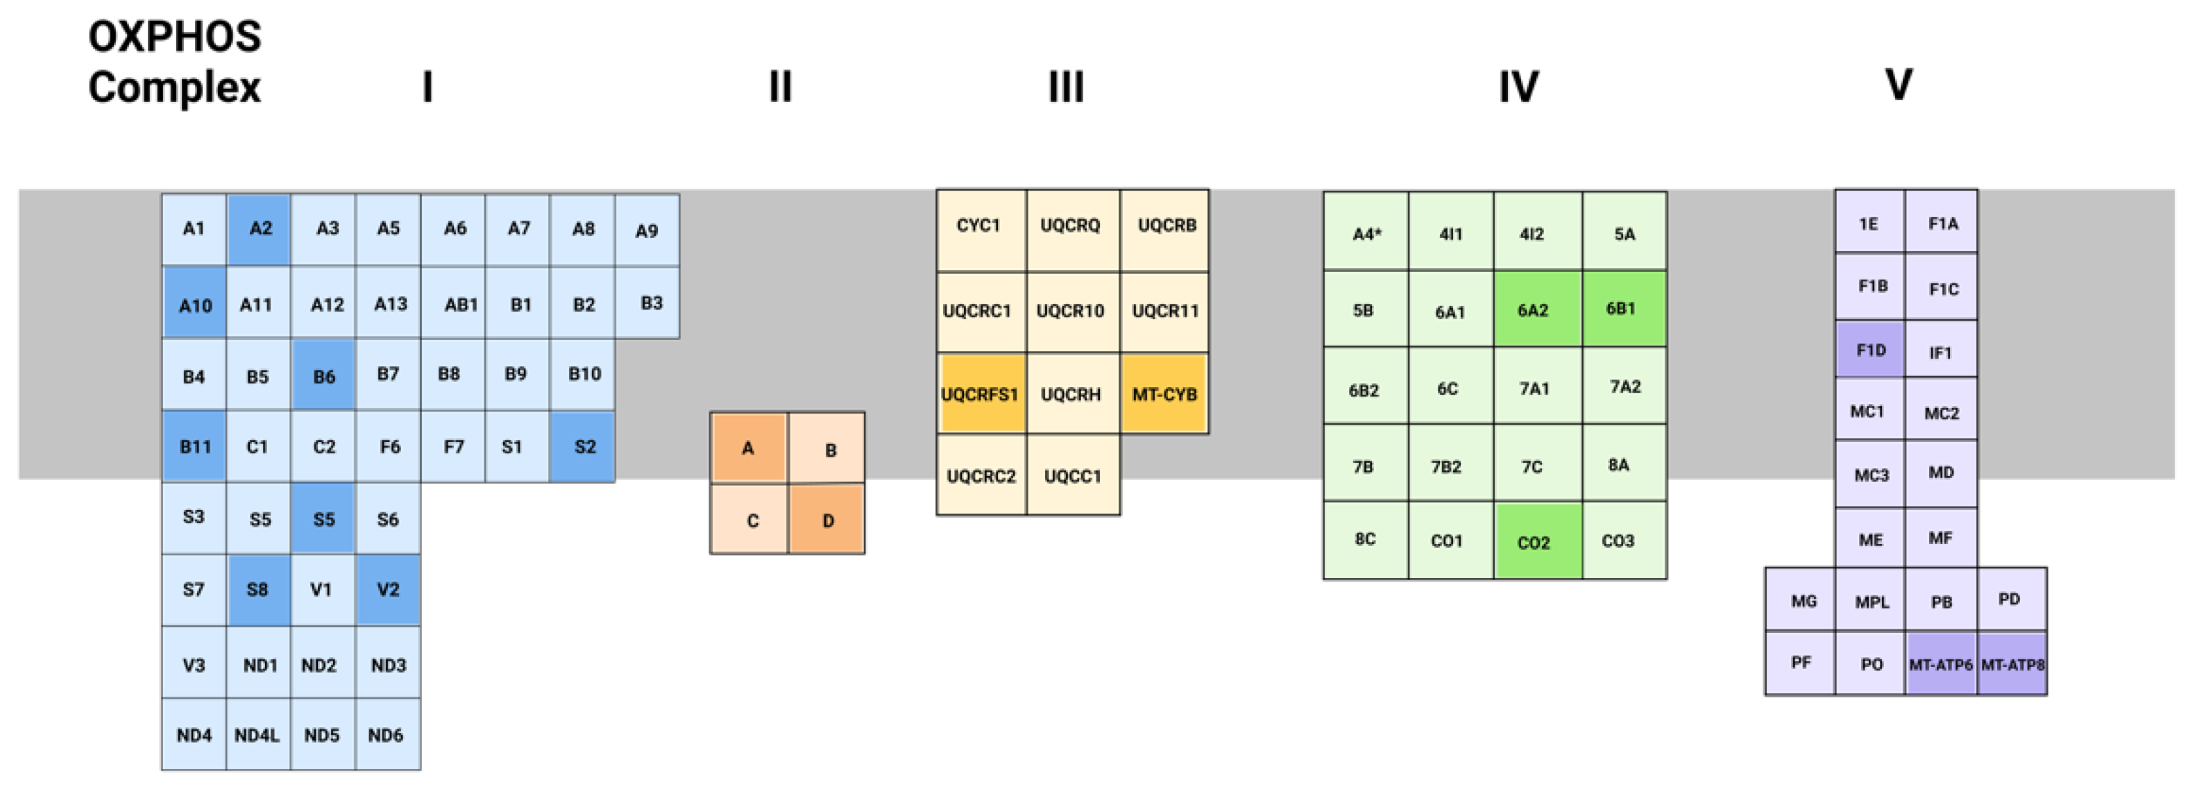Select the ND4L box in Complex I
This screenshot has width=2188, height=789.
(x=258, y=735)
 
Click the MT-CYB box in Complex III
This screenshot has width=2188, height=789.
(x=1164, y=394)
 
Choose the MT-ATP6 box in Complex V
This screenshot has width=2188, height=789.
(x=1941, y=664)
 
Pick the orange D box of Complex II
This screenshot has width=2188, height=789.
(x=827, y=520)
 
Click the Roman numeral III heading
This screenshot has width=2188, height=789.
(x=1066, y=87)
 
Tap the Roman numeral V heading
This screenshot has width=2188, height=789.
(x=1899, y=84)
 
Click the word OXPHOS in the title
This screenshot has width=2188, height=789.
(x=175, y=37)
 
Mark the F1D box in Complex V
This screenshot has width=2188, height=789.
(x=1869, y=350)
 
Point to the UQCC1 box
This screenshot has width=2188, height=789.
(x=1073, y=475)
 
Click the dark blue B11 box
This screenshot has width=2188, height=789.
(x=194, y=447)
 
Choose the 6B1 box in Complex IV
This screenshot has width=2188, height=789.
(x=1623, y=308)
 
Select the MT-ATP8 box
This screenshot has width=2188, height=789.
(x=2012, y=664)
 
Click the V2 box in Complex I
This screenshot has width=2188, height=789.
(x=388, y=589)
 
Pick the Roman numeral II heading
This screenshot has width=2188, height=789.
(x=781, y=87)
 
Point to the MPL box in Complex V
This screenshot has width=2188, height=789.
(x=1871, y=602)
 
